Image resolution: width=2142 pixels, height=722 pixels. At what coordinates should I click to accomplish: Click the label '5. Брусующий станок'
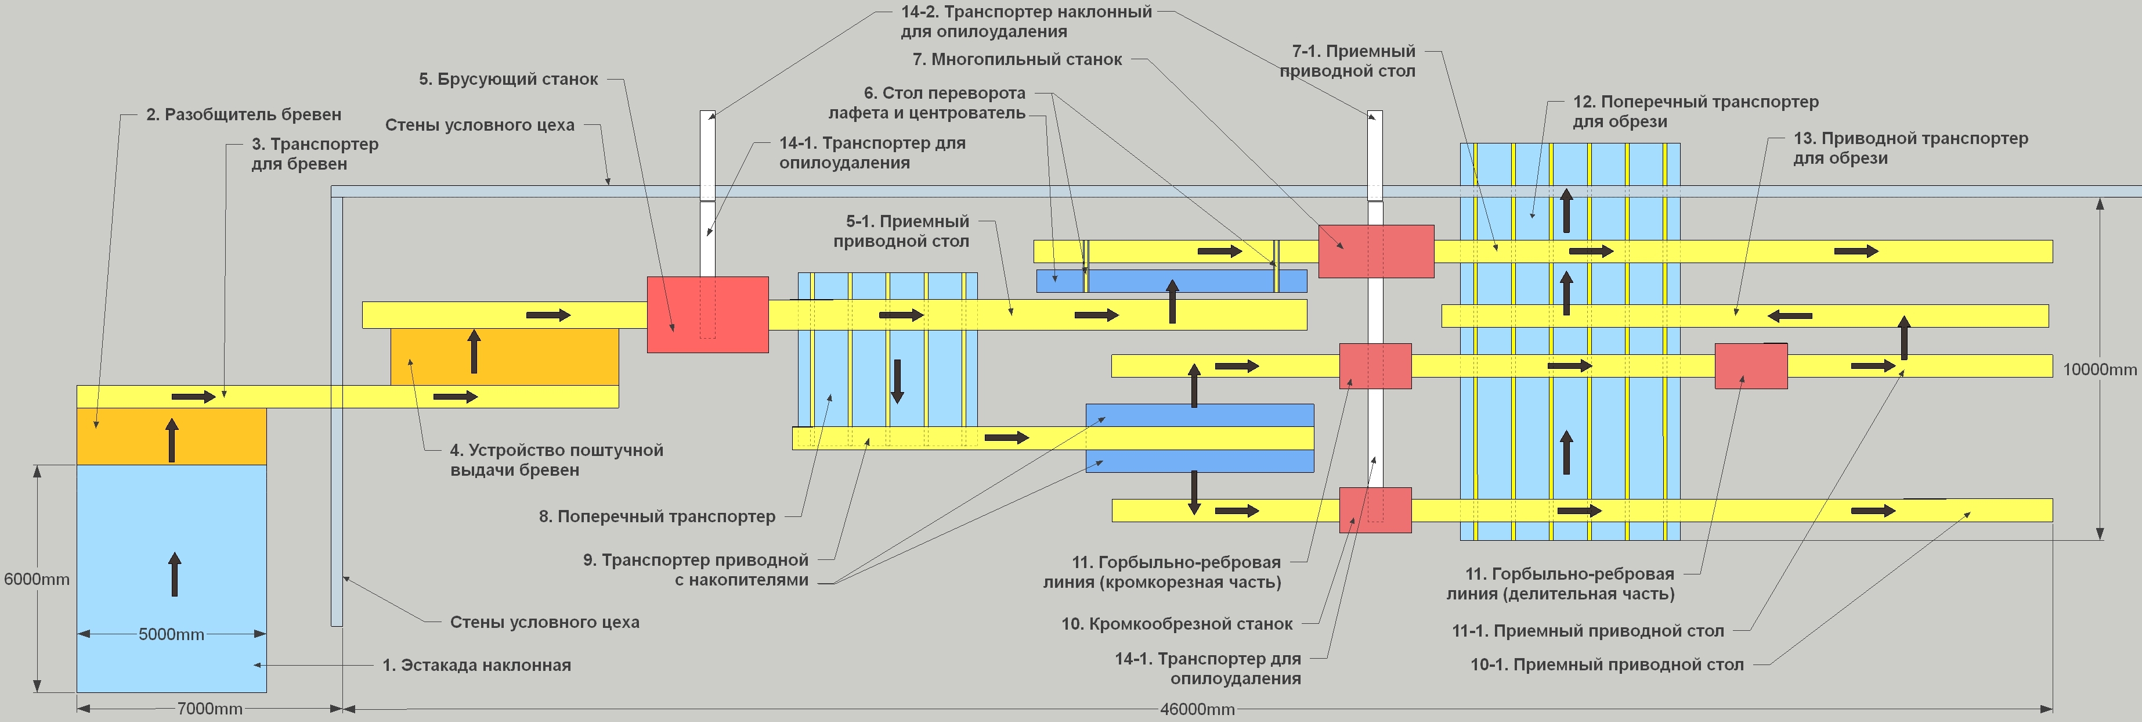508,80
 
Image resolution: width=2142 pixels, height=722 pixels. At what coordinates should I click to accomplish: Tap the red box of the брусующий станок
707,314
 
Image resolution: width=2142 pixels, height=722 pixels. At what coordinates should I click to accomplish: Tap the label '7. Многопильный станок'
1017,60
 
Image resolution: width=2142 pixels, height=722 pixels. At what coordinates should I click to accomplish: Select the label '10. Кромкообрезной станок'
1176,624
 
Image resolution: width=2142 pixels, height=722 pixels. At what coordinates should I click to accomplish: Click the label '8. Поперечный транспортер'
657,516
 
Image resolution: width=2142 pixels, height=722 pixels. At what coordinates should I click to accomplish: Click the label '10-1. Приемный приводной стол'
1606,664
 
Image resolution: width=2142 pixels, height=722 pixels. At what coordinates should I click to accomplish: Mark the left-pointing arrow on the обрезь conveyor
1789,316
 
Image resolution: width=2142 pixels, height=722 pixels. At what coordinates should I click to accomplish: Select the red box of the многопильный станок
1376,251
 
